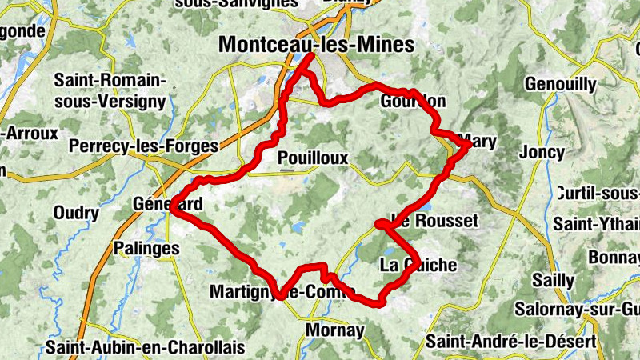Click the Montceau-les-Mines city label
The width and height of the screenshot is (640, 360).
317,45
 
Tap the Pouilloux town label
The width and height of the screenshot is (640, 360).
313,158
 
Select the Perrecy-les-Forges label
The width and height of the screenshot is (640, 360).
144,146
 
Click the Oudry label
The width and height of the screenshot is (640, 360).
76,213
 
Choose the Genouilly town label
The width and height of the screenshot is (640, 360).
561,84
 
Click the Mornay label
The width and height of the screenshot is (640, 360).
336,330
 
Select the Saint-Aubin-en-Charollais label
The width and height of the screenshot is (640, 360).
145,348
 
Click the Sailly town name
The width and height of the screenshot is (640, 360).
554,281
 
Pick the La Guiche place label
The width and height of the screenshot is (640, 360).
418,266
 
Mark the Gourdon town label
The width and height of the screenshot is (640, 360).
413,102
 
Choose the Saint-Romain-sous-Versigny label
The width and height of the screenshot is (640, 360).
110,91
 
